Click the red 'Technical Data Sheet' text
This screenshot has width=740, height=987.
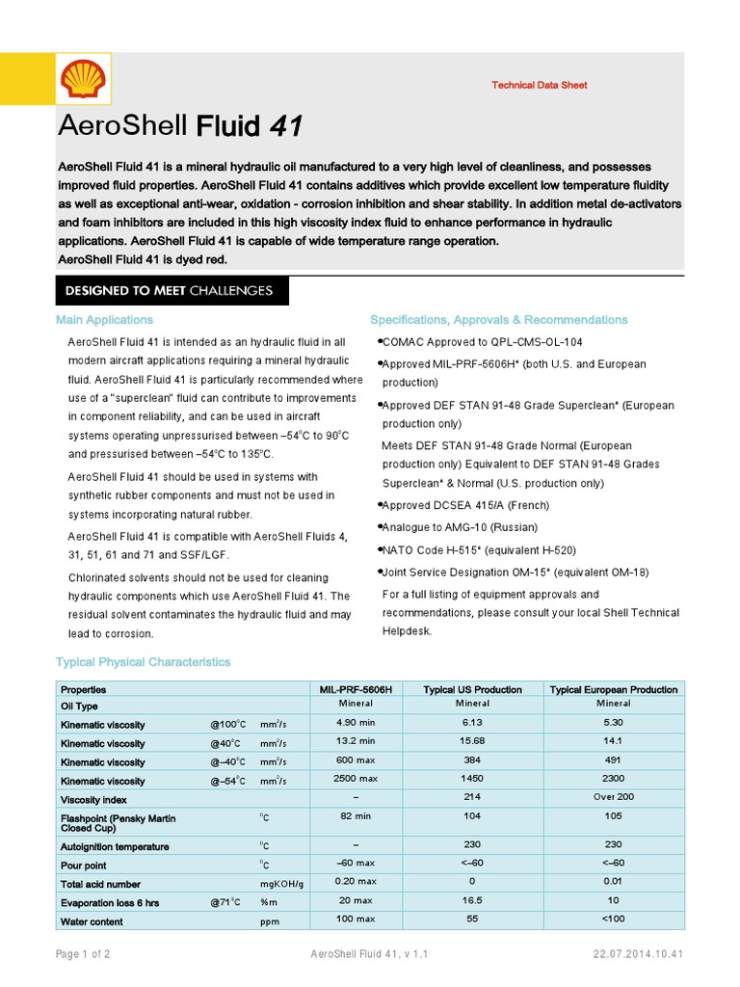click(x=539, y=85)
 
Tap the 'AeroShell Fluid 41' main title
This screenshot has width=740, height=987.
click(x=181, y=126)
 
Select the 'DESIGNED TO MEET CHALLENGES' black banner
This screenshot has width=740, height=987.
click(x=169, y=290)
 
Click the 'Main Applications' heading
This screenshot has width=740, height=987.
click(x=104, y=319)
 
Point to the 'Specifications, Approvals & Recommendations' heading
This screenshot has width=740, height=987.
click(x=499, y=319)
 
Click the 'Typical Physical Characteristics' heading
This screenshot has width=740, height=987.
click(x=144, y=662)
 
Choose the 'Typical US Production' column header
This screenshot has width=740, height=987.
click(x=473, y=689)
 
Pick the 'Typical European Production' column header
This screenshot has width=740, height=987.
click(x=613, y=689)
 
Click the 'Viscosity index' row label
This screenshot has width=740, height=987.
click(x=93, y=800)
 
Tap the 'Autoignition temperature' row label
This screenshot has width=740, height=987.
click(x=115, y=846)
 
